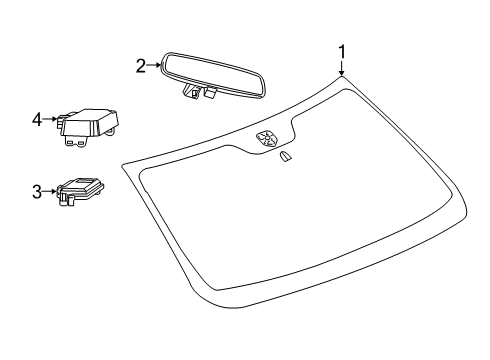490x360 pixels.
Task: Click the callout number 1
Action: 342,50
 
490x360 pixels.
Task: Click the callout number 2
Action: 141,67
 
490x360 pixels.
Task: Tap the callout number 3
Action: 38,190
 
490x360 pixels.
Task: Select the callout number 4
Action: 38,120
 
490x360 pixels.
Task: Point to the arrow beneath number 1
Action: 342,69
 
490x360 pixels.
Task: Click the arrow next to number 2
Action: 154,67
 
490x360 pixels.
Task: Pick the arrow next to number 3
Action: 51,190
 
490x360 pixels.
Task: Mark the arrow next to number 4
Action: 51,120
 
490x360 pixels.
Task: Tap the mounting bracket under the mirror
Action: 199,94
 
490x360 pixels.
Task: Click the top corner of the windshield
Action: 342,78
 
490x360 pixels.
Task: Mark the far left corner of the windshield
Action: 123,166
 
